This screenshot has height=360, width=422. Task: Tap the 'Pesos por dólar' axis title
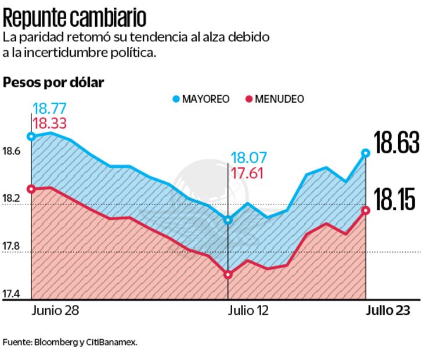53,82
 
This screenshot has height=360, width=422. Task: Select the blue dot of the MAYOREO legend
176,99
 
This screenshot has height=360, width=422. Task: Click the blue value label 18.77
49,108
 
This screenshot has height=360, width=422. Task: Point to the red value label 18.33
49,123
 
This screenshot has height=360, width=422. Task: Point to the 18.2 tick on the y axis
12,199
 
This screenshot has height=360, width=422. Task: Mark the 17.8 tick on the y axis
12,247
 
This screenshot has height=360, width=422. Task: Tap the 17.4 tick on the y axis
12,295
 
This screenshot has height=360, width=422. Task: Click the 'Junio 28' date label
56,310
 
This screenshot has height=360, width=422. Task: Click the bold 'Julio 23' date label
388,310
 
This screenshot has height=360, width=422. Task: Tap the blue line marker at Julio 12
228,220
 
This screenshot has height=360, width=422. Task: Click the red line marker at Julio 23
365,210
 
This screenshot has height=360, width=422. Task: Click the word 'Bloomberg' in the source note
55,342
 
